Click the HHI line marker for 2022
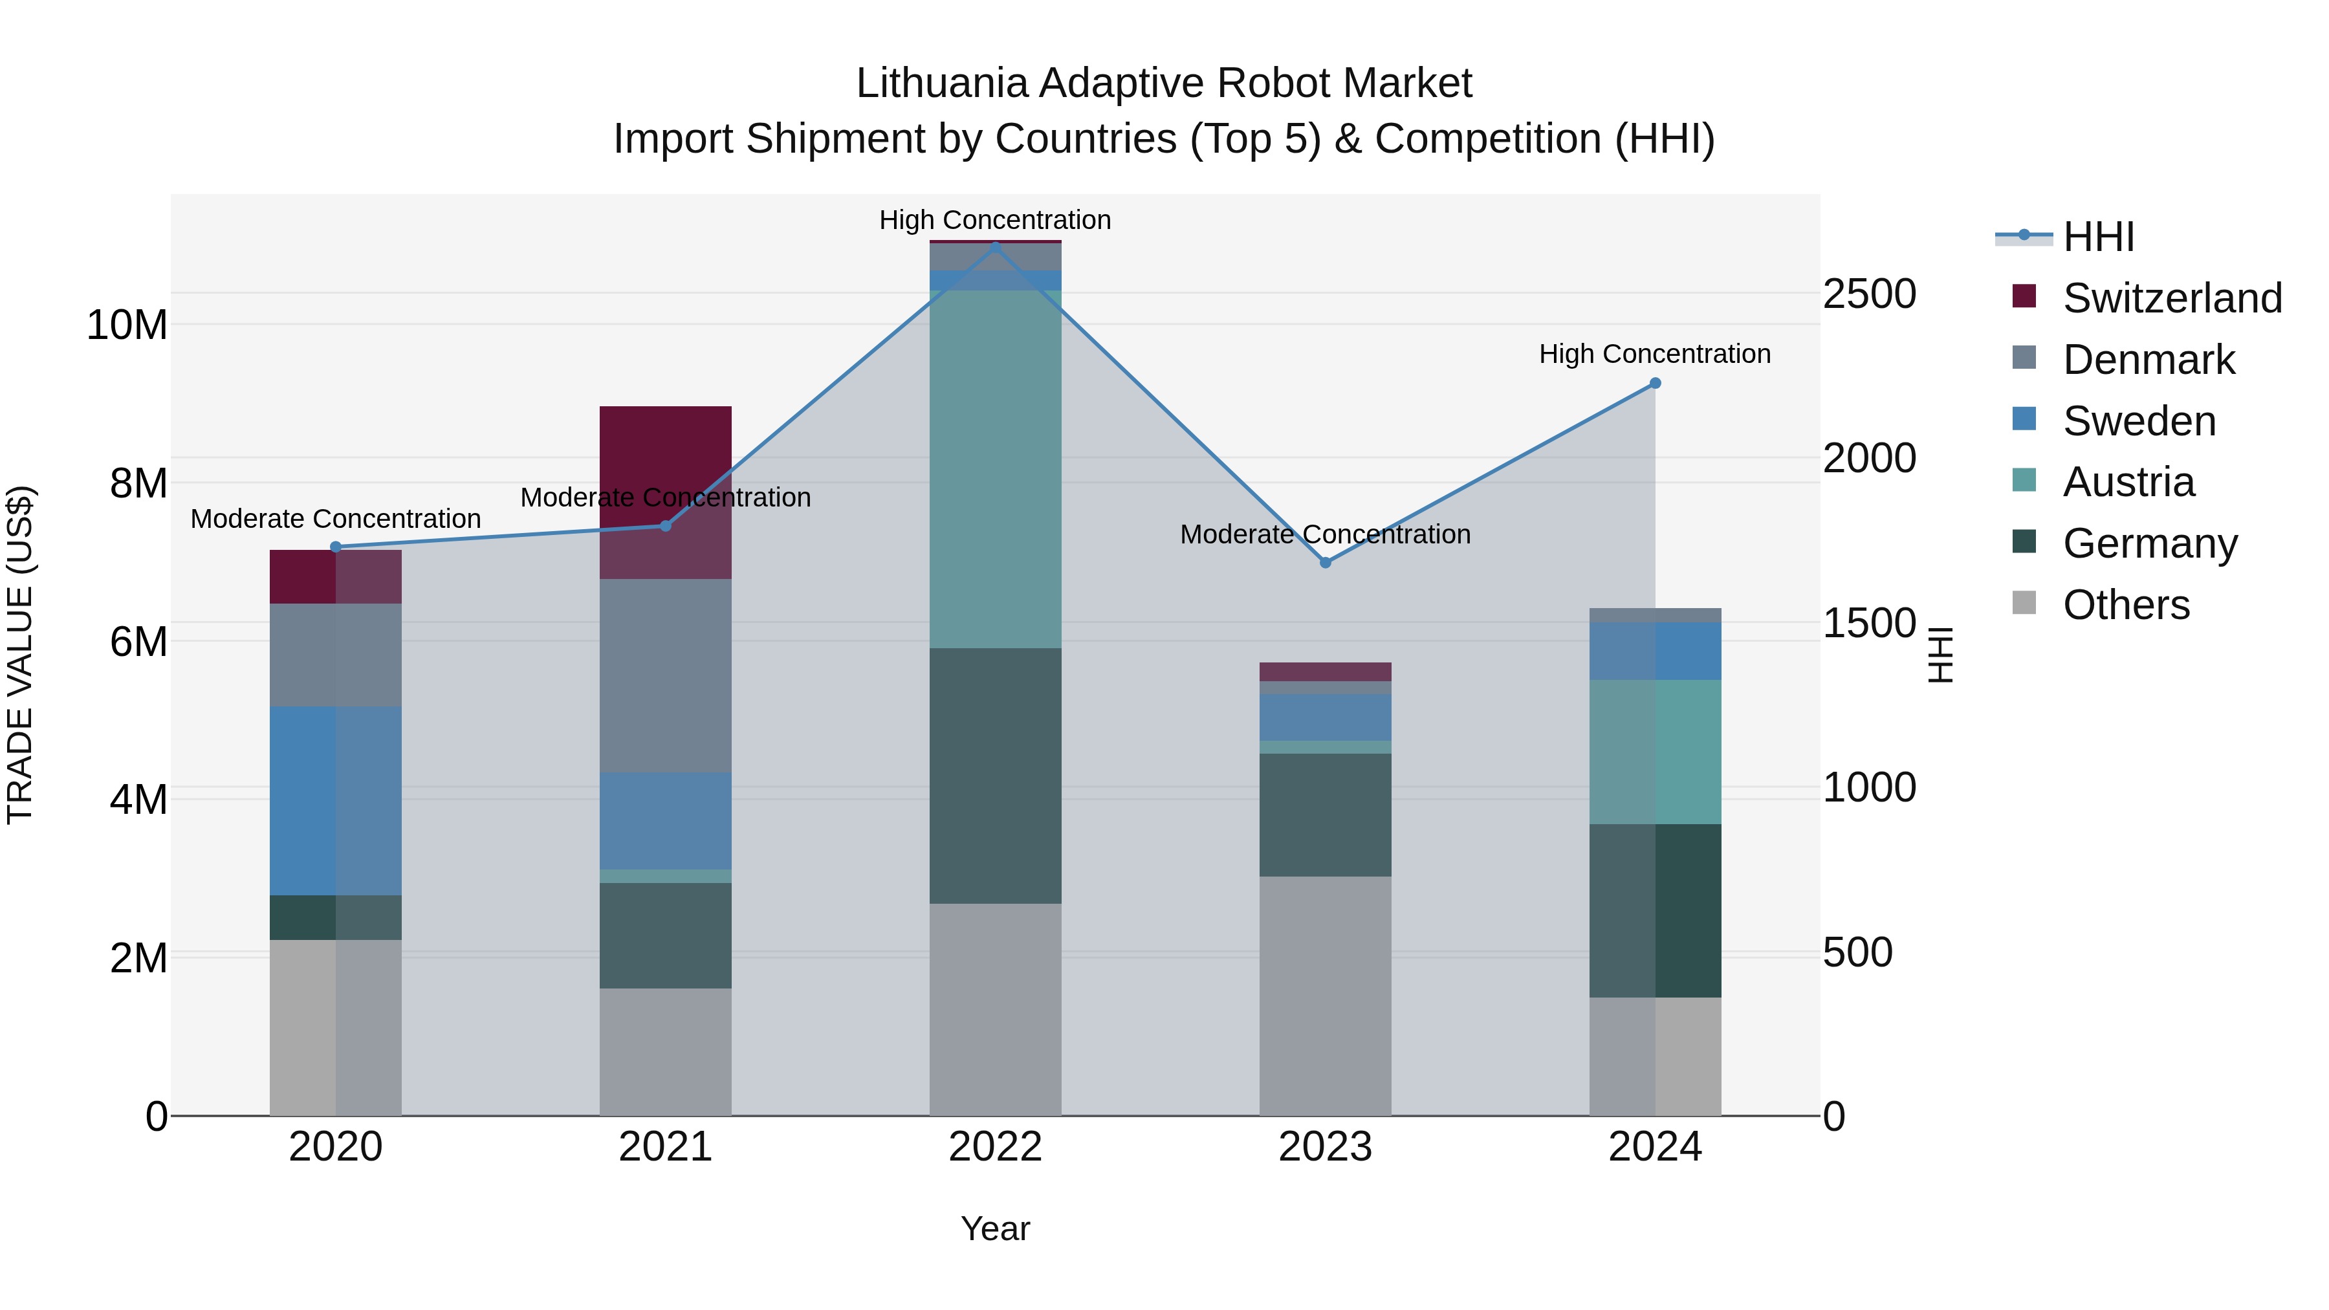(996, 246)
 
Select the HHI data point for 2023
(1326, 562)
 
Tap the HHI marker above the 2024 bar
(1656, 384)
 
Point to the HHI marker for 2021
(666, 526)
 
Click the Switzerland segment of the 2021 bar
(666, 452)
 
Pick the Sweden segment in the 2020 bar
(335, 800)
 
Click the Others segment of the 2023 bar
(1326, 994)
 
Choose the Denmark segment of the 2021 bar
(666, 675)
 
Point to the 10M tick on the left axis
(127, 325)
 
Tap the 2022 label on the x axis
(996, 1147)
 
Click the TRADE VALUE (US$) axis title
(21, 655)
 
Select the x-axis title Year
(996, 1228)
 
